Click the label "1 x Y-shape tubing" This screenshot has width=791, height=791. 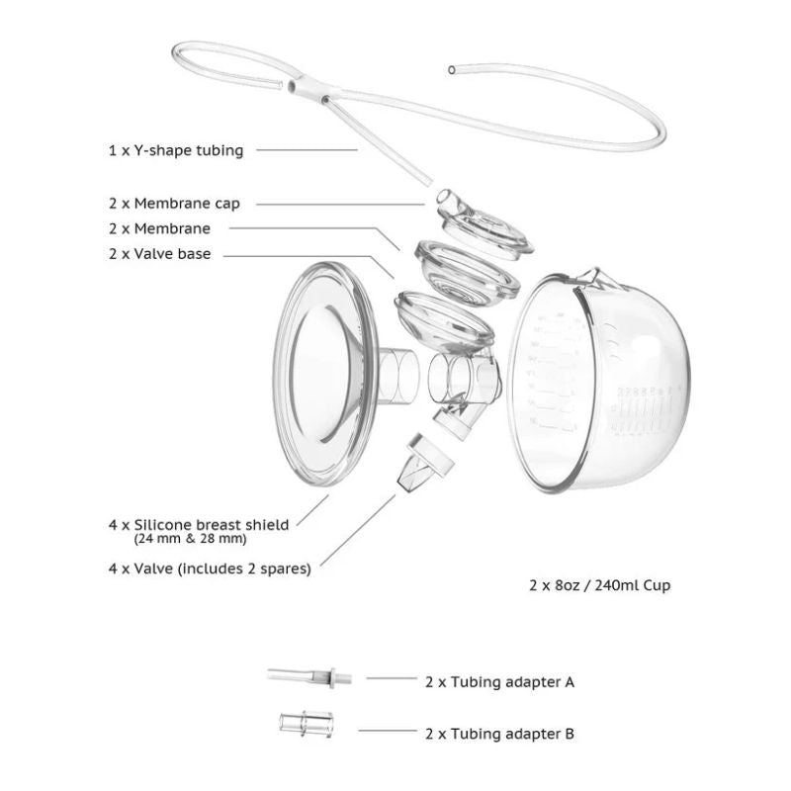(x=175, y=151)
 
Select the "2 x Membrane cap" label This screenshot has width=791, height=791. (x=174, y=204)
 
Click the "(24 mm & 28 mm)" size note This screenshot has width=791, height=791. (x=190, y=540)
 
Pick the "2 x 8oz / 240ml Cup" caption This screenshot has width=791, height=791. (x=599, y=585)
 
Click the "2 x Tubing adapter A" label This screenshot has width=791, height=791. (x=499, y=681)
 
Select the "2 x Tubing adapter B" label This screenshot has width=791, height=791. (x=499, y=734)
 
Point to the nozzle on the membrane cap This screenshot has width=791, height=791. (x=448, y=202)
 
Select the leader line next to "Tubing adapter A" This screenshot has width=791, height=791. (x=391, y=678)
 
